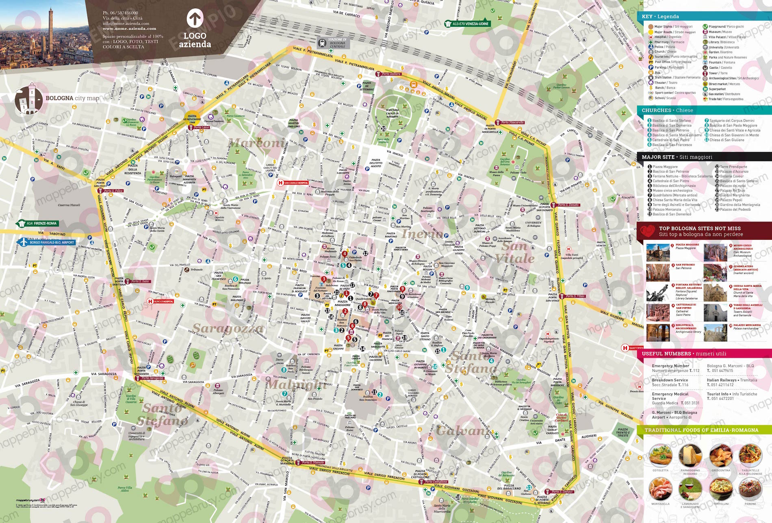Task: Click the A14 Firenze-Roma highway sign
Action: [38, 223]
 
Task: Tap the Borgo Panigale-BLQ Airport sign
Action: [46, 242]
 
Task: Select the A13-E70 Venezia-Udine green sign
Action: [467, 24]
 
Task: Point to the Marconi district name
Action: [256, 143]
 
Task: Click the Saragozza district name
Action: [228, 328]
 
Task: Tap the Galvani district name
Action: [461, 431]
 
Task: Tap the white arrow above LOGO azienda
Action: [195, 19]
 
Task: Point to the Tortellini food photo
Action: [721, 489]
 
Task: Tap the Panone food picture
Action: [750, 489]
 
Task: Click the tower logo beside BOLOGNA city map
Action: [29, 99]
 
